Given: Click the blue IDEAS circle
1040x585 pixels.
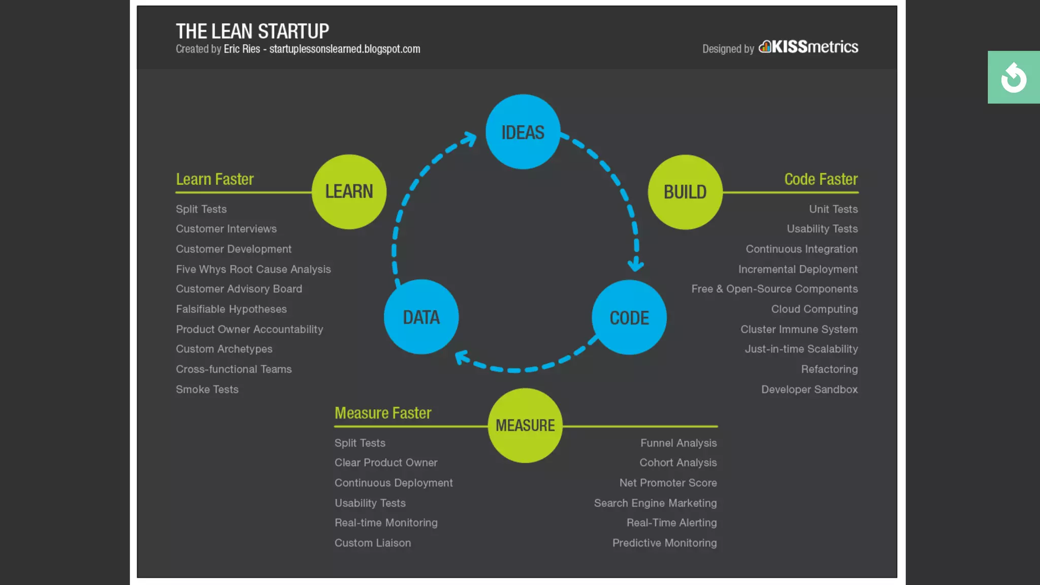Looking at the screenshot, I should click(x=523, y=132).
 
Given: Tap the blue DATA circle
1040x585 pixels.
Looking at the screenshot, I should click(x=421, y=317).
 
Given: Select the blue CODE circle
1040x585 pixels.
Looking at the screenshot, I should click(x=629, y=317).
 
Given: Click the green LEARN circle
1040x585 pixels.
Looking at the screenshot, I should click(x=349, y=191).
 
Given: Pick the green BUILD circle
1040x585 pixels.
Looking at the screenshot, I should click(x=685, y=192).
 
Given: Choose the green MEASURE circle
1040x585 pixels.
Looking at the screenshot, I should click(x=525, y=426).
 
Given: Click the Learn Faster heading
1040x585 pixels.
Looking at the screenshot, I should click(x=215, y=179).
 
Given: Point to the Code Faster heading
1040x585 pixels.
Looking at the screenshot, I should click(x=821, y=179).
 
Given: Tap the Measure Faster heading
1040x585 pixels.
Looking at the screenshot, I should click(x=383, y=413).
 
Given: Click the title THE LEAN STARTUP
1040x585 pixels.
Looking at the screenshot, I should click(x=252, y=31).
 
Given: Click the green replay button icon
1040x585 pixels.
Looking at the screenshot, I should click(x=1014, y=78).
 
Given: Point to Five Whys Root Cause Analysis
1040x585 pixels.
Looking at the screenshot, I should click(x=253, y=269).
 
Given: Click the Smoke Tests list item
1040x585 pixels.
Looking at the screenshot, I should click(x=207, y=389).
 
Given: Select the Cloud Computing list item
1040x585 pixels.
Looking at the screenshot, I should click(x=814, y=309).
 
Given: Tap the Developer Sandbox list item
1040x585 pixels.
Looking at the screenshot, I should click(x=809, y=389).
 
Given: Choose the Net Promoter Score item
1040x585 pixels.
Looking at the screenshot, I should click(x=668, y=483).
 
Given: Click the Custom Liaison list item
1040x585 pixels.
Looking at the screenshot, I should click(x=373, y=543).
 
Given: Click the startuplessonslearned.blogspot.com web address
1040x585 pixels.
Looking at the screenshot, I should click(x=345, y=49).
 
